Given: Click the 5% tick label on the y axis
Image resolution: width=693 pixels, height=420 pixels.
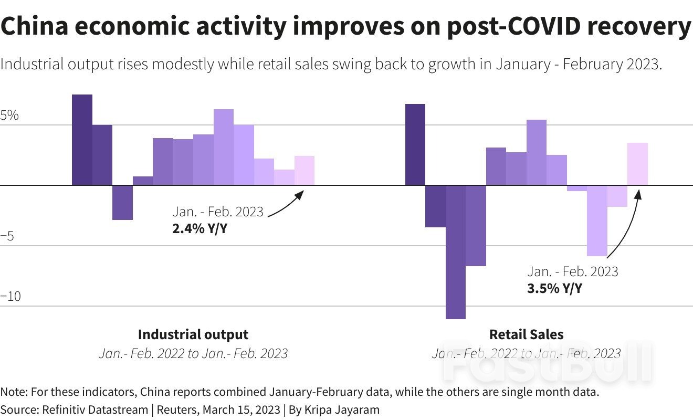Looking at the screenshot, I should (9, 115).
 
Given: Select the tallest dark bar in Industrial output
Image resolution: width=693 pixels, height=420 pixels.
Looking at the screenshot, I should (82, 140).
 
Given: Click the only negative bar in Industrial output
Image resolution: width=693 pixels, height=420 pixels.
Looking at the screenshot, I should (122, 202).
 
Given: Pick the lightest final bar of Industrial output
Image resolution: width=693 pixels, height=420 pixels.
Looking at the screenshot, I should (304, 171).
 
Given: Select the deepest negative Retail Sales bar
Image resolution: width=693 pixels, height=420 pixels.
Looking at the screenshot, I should (455, 252).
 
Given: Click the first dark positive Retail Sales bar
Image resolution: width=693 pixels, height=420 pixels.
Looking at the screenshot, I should (415, 144).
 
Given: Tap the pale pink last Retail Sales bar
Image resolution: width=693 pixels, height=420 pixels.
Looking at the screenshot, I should (637, 164).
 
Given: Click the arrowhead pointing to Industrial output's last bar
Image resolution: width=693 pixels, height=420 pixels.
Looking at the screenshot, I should (300, 194).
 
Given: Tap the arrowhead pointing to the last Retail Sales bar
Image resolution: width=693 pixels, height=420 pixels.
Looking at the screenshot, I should (638, 193).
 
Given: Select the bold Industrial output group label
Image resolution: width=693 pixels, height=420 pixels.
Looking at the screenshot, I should (193, 334).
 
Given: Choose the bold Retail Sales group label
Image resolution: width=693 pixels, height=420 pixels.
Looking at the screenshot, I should (526, 334).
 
